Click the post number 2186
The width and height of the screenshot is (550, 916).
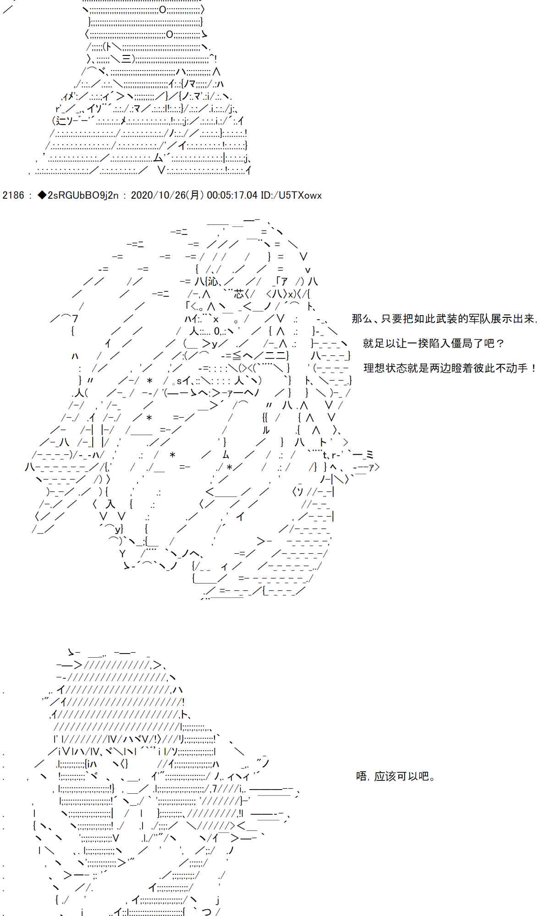[13, 195]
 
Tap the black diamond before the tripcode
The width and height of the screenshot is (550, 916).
[41, 195]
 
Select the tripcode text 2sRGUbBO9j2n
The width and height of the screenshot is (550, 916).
[82, 195]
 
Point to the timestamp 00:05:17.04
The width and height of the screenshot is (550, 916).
[232, 195]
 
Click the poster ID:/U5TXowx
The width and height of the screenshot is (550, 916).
[291, 195]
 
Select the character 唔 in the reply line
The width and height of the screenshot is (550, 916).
[362, 776]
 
